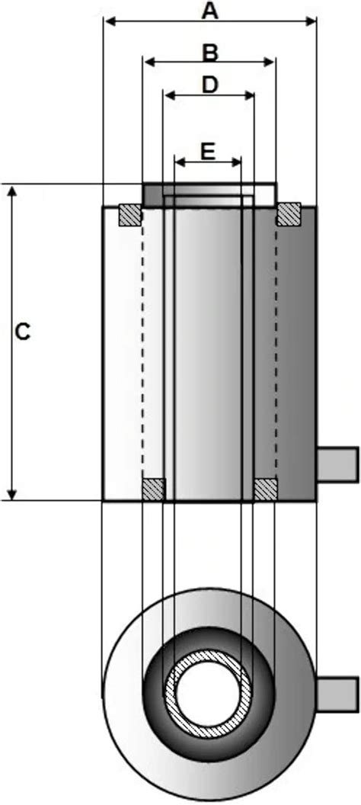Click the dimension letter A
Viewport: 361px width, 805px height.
[x=209, y=9]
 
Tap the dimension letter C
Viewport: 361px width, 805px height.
[x=22, y=332]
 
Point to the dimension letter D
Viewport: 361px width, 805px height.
[x=209, y=85]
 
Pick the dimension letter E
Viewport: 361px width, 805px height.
[x=207, y=151]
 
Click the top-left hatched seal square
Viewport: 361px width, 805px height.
[x=129, y=215]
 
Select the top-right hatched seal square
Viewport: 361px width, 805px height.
[x=289, y=214]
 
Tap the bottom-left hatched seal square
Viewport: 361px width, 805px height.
[x=153, y=489]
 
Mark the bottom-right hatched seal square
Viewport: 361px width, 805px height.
[x=266, y=489]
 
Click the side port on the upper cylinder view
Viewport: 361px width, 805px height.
[x=337, y=464]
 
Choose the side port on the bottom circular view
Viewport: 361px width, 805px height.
[x=337, y=694]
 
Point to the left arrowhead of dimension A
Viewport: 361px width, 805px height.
[x=110, y=21]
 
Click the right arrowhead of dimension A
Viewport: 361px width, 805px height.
[x=310, y=21]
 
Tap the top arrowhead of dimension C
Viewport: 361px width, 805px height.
[x=13, y=191]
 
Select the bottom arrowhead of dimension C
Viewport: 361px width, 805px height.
[x=13, y=494]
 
